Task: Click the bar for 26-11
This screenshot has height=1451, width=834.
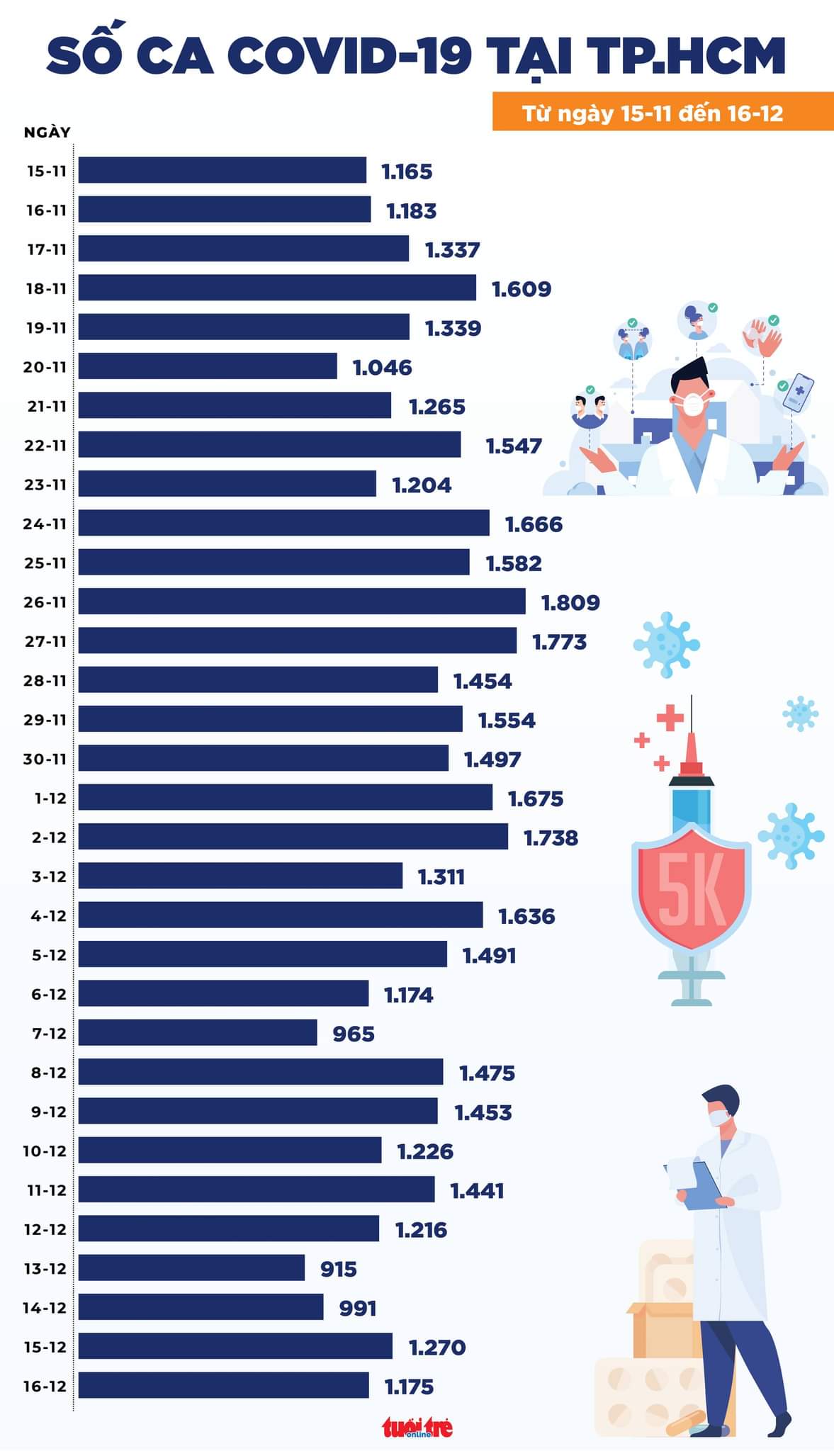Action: (301, 602)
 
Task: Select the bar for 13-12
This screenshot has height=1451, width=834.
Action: (191, 1267)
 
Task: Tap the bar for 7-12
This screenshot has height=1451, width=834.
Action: (197, 1032)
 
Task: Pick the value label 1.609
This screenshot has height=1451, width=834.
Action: (521, 289)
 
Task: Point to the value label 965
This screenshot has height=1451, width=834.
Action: (353, 1034)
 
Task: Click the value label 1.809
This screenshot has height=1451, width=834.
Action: (570, 603)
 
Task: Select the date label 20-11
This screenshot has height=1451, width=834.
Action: (45, 367)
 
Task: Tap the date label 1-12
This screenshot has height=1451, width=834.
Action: (50, 798)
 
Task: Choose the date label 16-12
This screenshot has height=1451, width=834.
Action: (45, 1386)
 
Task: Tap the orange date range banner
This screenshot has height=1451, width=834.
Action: (663, 112)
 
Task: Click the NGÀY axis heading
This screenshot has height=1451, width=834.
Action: (47, 132)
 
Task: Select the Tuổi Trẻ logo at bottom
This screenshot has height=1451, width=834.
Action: (417, 1427)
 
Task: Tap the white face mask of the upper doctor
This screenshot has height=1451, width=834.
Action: (691, 404)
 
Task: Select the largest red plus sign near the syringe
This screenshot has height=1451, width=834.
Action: (670, 718)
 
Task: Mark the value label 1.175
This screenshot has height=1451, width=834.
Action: (409, 1387)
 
